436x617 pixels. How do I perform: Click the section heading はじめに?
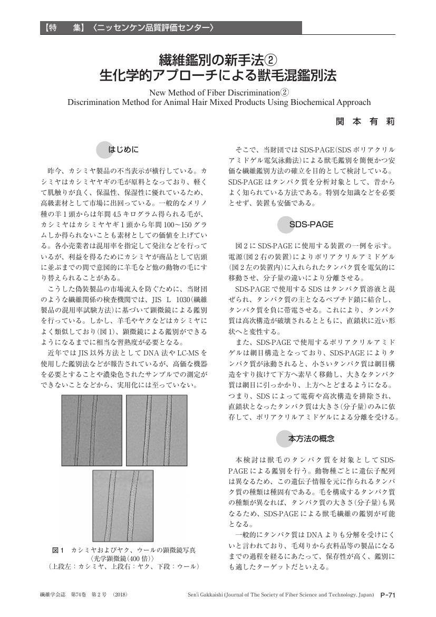click(123, 150)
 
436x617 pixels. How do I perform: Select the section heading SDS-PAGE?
click(311, 224)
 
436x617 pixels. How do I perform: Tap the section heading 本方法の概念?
click(311, 438)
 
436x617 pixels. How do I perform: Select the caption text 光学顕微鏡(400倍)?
click(123, 558)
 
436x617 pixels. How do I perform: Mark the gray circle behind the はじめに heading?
click(106, 150)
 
